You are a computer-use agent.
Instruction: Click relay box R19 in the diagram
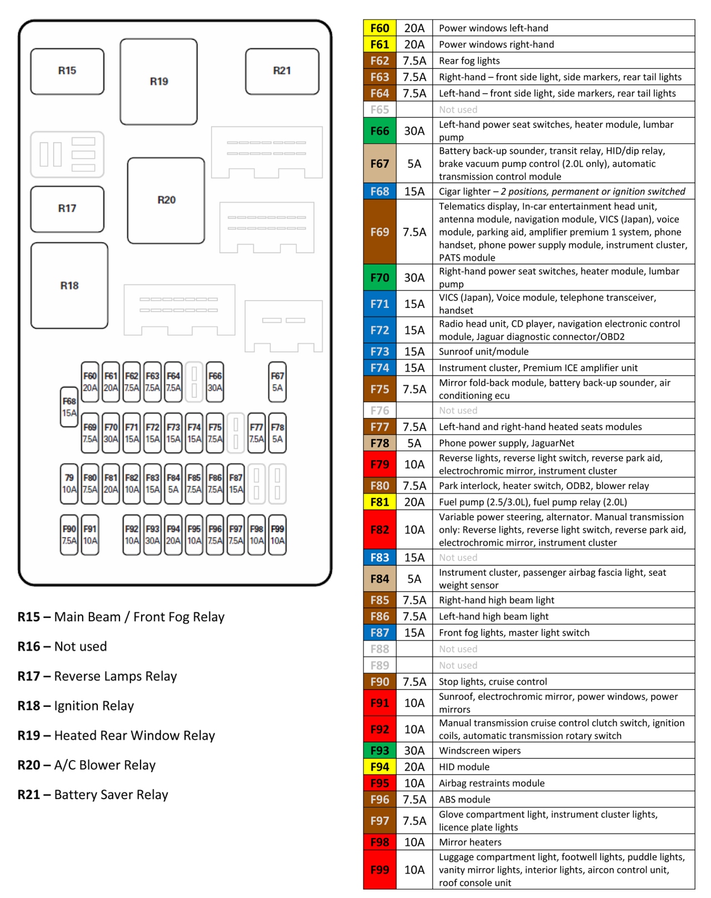click(x=159, y=82)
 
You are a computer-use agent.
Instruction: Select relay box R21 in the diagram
click(x=282, y=71)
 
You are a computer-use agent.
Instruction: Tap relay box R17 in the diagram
click(x=67, y=209)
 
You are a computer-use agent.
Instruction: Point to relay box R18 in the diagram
click(x=69, y=286)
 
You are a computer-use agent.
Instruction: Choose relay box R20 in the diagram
click(x=166, y=201)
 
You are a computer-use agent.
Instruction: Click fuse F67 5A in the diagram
click(x=277, y=382)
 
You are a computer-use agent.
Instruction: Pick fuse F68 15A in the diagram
click(x=69, y=407)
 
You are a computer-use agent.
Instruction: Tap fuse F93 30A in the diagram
click(x=152, y=535)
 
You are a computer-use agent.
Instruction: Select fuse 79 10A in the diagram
click(x=69, y=484)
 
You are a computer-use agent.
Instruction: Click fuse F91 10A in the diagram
click(x=90, y=535)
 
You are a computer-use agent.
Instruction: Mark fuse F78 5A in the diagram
click(x=277, y=433)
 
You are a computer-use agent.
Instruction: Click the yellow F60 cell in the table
click(x=380, y=28)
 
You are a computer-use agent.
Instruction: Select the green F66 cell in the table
click(x=380, y=131)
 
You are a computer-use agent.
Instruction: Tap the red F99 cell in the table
click(x=380, y=870)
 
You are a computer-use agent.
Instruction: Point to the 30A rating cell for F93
click(x=414, y=751)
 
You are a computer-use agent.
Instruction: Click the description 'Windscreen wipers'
click(x=480, y=751)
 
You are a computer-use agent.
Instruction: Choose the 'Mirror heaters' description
click(x=470, y=842)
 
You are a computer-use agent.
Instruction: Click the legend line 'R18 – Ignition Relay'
click(x=76, y=706)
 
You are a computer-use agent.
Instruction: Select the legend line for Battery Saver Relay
click(x=93, y=795)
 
